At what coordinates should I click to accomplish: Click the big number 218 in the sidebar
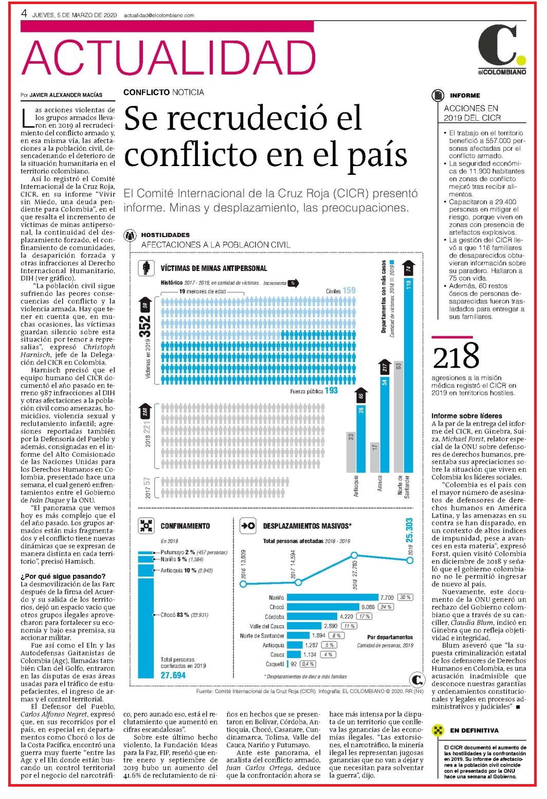pos(456,356)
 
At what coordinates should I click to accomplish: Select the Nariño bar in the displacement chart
pos(332,597)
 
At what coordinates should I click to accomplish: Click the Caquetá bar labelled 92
pos(288,664)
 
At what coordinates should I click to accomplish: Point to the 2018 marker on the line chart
pos(354,555)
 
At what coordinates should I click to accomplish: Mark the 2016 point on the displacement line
pos(243,584)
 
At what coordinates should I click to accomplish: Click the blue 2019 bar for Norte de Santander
pos(409,375)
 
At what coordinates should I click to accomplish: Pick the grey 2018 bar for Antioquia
pos(351,452)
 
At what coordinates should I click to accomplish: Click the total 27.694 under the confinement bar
pos(173,675)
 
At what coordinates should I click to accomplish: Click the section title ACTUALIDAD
pos(168,57)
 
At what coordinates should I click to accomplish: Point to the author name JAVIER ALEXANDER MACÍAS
pos(66,95)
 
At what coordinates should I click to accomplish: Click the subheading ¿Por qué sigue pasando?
pos(63,576)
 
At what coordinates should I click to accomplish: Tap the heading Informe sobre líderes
pos(467,415)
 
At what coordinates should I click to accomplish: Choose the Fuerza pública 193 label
pos(314,391)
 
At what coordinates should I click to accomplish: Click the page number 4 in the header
pos(24,13)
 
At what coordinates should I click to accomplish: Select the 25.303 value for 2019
pos(409,530)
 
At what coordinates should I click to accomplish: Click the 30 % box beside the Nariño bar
pos(405,597)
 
